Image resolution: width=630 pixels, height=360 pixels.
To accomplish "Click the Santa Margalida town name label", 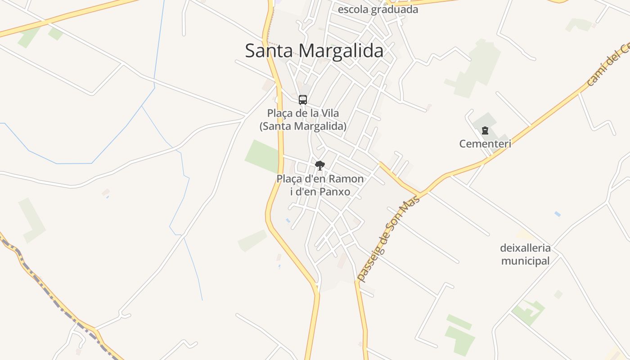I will coord(314,51).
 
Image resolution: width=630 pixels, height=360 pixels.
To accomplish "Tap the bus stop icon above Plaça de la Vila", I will coord(303,100).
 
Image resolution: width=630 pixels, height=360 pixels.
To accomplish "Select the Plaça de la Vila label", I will coord(303,113).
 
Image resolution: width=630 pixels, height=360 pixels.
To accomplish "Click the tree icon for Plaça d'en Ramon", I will coord(320,166).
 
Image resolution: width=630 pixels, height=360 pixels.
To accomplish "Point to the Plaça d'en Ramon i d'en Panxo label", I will coord(320,185).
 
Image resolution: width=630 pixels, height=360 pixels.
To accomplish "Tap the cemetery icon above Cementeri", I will coord(485,131).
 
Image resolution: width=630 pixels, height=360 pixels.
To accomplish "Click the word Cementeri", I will coord(485,144).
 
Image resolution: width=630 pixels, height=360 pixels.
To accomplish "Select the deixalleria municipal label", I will coord(525,254).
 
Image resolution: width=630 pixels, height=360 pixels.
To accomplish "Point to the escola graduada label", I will coord(378,9).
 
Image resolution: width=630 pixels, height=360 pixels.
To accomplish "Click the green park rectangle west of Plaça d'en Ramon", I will coord(263,156).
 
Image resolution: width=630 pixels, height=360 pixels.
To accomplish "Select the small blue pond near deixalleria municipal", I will coord(558,214).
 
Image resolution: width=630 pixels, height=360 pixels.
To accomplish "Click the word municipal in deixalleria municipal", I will coord(525,261).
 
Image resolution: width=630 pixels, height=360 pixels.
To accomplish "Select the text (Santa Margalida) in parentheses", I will coord(303,126).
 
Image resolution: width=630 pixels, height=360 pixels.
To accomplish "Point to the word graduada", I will coord(398,9).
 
